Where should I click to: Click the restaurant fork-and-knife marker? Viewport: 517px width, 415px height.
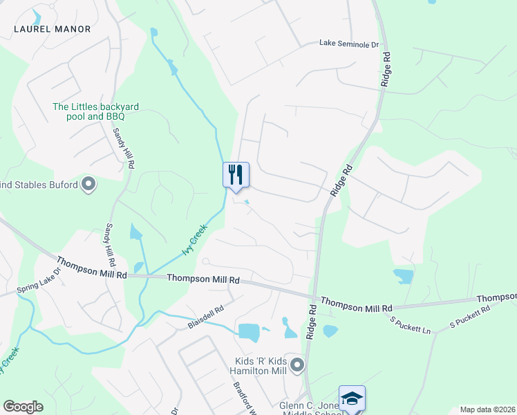click(x=235, y=174)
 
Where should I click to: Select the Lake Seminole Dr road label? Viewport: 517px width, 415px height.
click(x=349, y=44)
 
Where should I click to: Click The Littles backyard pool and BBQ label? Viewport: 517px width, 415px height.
click(x=96, y=111)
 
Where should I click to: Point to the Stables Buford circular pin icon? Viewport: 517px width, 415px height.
click(x=88, y=184)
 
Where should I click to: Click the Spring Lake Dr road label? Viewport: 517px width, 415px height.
click(x=39, y=279)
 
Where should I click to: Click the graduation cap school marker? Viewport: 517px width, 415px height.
click(x=352, y=398)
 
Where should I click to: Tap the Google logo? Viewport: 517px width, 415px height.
click(x=23, y=407)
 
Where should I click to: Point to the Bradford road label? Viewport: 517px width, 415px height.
click(x=245, y=397)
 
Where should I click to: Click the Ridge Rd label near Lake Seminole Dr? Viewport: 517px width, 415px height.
click(x=385, y=69)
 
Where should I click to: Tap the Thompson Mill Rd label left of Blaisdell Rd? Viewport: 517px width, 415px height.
click(x=92, y=268)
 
